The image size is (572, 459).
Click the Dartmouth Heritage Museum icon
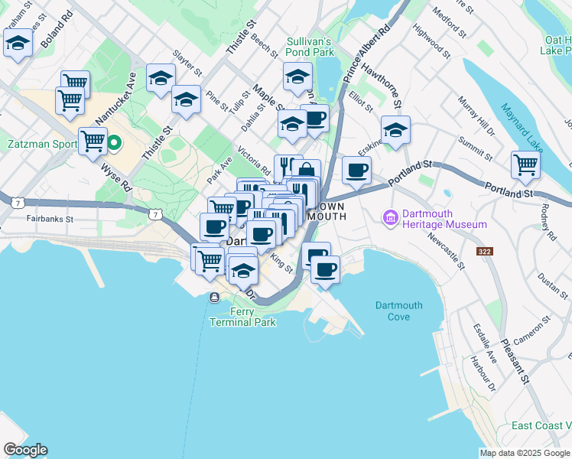pyautogui.click(x=392, y=219)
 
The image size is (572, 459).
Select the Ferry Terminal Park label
pyautogui.click(x=242, y=317)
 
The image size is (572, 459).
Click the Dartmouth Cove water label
pyautogui.click(x=398, y=311)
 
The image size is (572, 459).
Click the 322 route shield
pyautogui.click(x=485, y=252)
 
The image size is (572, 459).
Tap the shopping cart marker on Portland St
pyautogui.click(x=526, y=164)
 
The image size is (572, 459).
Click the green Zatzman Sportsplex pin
pyautogui.click(x=115, y=142)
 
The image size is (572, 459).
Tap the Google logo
pyautogui.click(x=25, y=450)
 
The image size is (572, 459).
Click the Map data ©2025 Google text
pyautogui.click(x=525, y=453)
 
